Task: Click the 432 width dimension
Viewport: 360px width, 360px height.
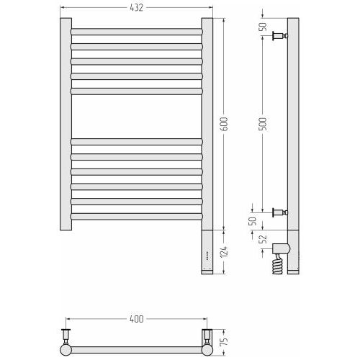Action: [136, 8]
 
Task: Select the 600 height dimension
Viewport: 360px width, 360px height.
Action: [224, 124]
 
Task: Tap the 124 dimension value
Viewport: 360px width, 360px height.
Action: [224, 252]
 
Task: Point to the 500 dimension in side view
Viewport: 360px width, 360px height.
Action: [264, 124]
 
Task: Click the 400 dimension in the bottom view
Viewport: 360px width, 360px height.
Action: [136, 319]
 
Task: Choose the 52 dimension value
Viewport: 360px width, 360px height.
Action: [264, 239]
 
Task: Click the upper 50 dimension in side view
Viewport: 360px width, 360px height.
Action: [264, 27]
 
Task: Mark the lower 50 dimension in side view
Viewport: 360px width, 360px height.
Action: [252, 221]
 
